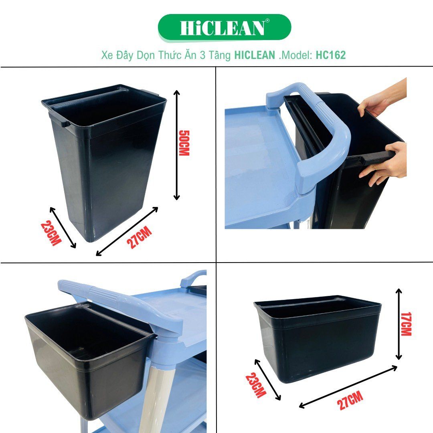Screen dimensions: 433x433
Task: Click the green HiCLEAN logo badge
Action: tap(224, 27)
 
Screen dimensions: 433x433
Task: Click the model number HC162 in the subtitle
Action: tap(330, 55)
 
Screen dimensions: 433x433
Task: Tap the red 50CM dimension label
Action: tap(184, 143)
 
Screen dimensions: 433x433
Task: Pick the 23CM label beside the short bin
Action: tap(256, 385)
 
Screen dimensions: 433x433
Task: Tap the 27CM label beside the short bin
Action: tap(350, 401)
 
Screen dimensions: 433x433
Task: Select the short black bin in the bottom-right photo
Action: tap(317, 341)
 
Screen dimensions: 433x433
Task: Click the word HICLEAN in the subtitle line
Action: tap(255, 55)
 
